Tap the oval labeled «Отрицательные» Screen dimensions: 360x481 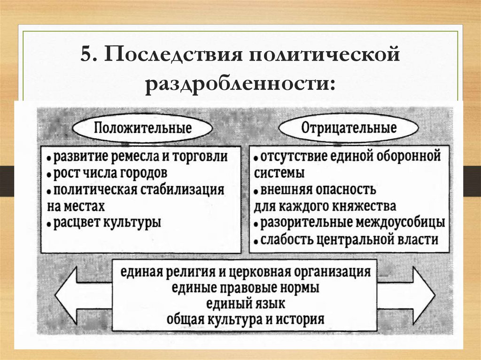click(348, 127)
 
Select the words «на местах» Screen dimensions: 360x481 click(76, 206)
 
